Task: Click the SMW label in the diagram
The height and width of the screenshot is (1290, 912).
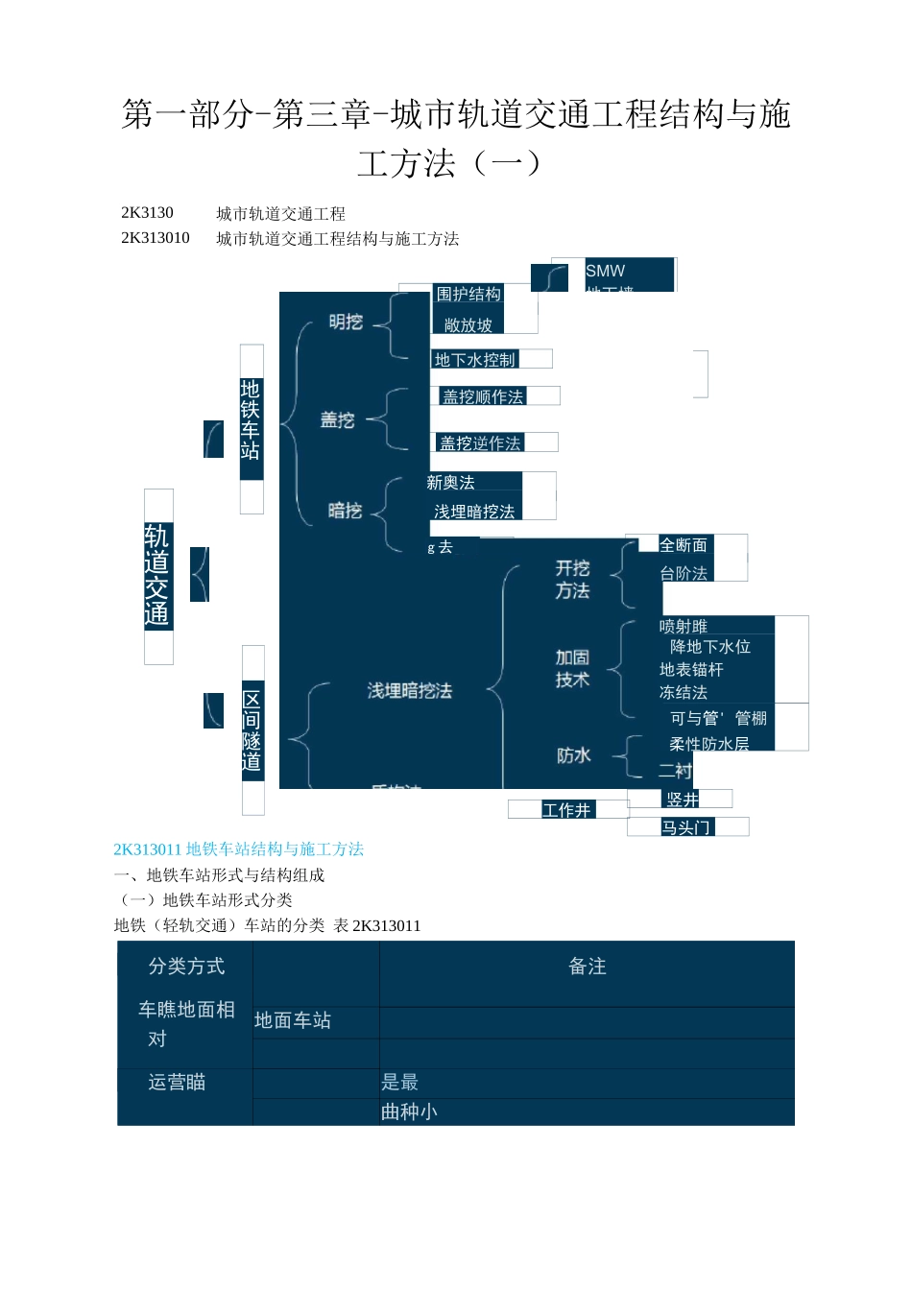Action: click(606, 272)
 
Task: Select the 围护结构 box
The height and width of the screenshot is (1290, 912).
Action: click(468, 295)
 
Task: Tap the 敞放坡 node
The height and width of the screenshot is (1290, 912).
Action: click(468, 325)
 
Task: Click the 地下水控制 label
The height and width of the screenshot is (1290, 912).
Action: click(475, 360)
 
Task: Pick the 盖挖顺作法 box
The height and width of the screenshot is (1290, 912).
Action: click(483, 396)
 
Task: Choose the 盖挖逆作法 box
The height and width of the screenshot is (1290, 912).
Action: click(480, 442)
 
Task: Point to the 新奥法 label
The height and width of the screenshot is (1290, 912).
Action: click(451, 483)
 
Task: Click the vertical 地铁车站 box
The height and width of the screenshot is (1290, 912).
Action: click(251, 419)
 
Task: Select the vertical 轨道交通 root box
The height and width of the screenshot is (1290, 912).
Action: click(157, 576)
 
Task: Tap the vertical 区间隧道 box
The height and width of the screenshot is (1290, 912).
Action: click(252, 730)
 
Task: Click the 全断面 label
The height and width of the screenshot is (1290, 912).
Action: click(684, 545)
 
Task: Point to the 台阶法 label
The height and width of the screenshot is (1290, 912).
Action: click(684, 573)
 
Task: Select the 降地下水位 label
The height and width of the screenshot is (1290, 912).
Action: click(710, 647)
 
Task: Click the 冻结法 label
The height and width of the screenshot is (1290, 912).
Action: click(684, 692)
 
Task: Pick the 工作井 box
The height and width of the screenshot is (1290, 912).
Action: click(566, 810)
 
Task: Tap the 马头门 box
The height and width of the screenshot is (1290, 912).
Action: click(685, 827)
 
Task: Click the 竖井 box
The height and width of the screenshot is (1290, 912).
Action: click(683, 800)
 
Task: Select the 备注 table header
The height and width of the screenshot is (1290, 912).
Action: click(588, 967)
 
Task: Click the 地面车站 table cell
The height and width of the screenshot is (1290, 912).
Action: click(293, 1020)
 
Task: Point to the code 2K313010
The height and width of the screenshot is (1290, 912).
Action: click(156, 238)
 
